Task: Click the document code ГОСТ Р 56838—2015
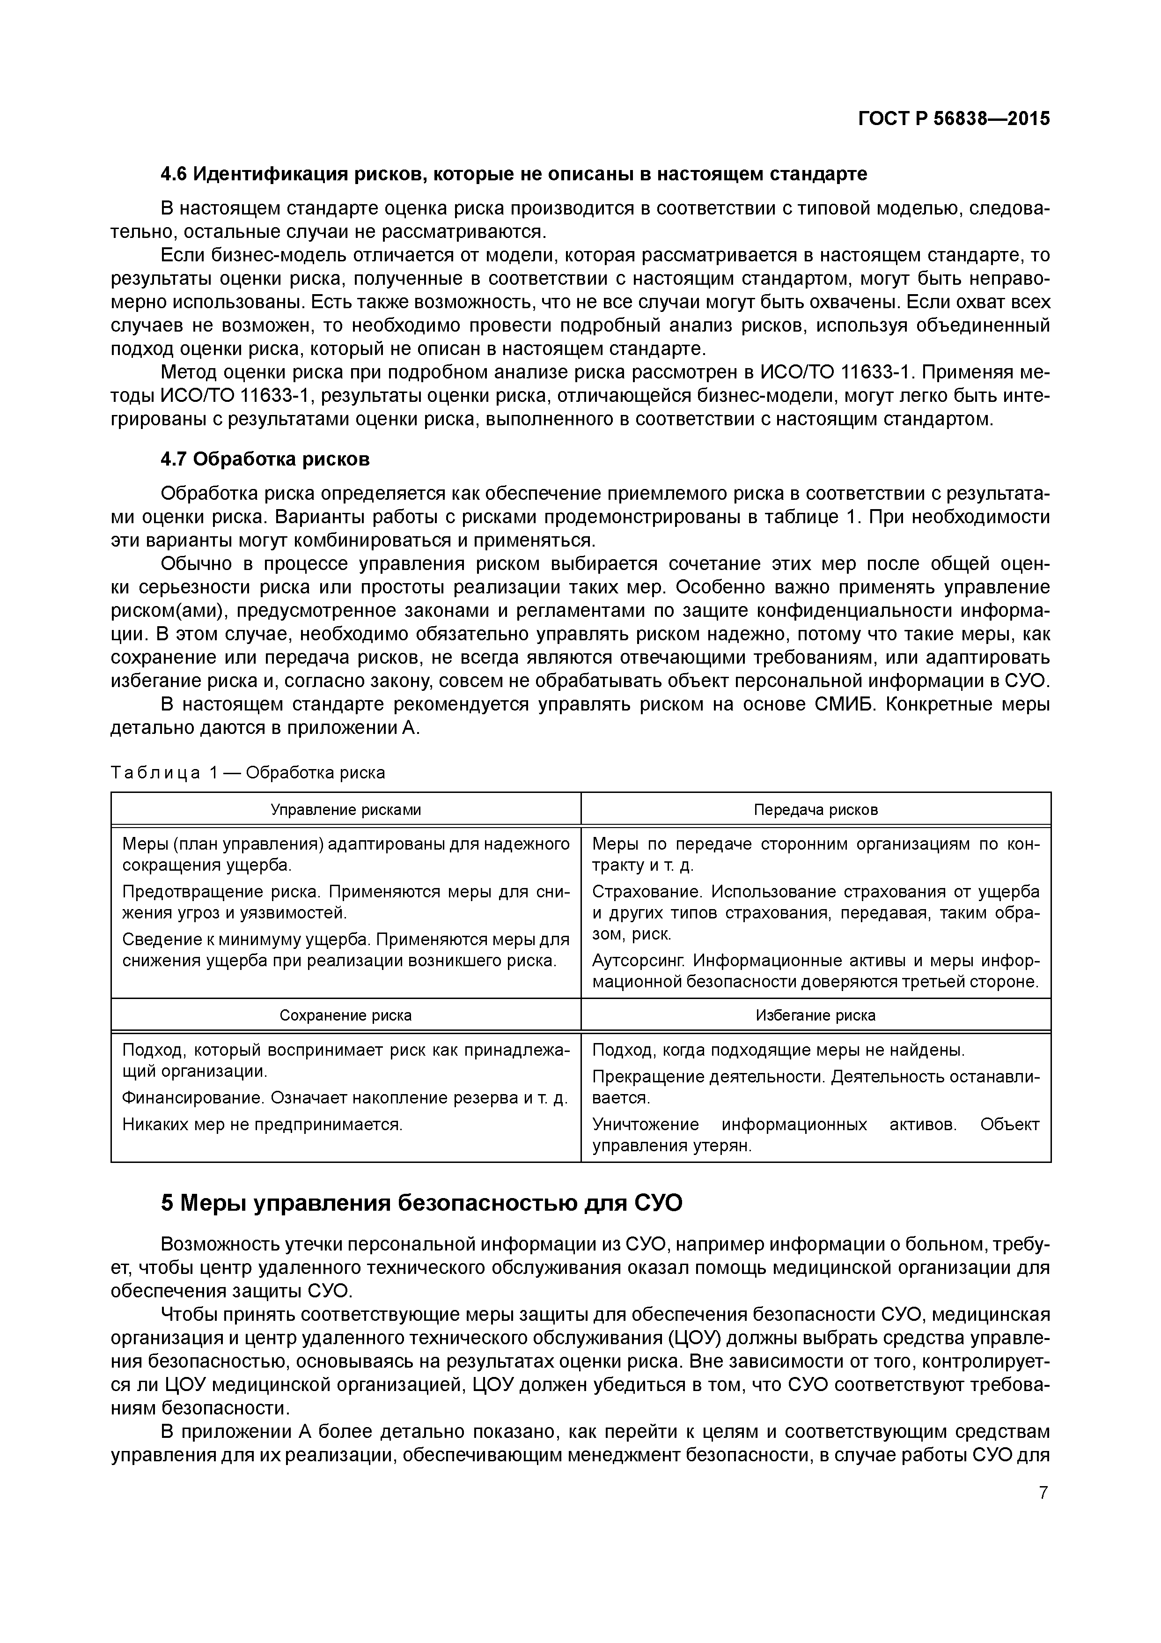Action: coord(954,119)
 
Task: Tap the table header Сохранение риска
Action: coord(345,1015)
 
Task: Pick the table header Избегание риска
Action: coord(816,1015)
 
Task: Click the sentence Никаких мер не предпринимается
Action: coord(263,1124)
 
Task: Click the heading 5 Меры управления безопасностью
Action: coord(422,1204)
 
